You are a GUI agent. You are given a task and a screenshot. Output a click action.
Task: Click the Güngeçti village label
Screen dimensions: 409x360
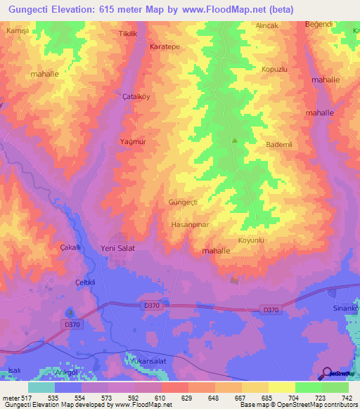pyautogui.click(x=184, y=202)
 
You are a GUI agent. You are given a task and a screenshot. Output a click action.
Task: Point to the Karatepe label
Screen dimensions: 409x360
pyautogui.click(x=165, y=46)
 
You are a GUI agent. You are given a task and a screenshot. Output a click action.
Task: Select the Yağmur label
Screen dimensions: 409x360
pyautogui.click(x=132, y=141)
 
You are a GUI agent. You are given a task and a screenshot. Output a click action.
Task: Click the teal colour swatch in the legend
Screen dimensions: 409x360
pyautogui.click(x=41, y=387)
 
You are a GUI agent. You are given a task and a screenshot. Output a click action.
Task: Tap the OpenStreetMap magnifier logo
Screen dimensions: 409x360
pyautogui.click(x=326, y=373)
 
